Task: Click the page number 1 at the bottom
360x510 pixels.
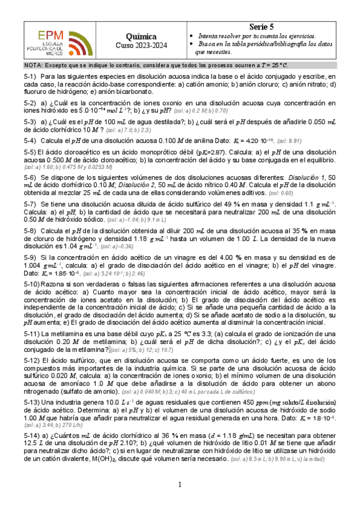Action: pos(180,485)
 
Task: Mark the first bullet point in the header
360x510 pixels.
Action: pos(191,36)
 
